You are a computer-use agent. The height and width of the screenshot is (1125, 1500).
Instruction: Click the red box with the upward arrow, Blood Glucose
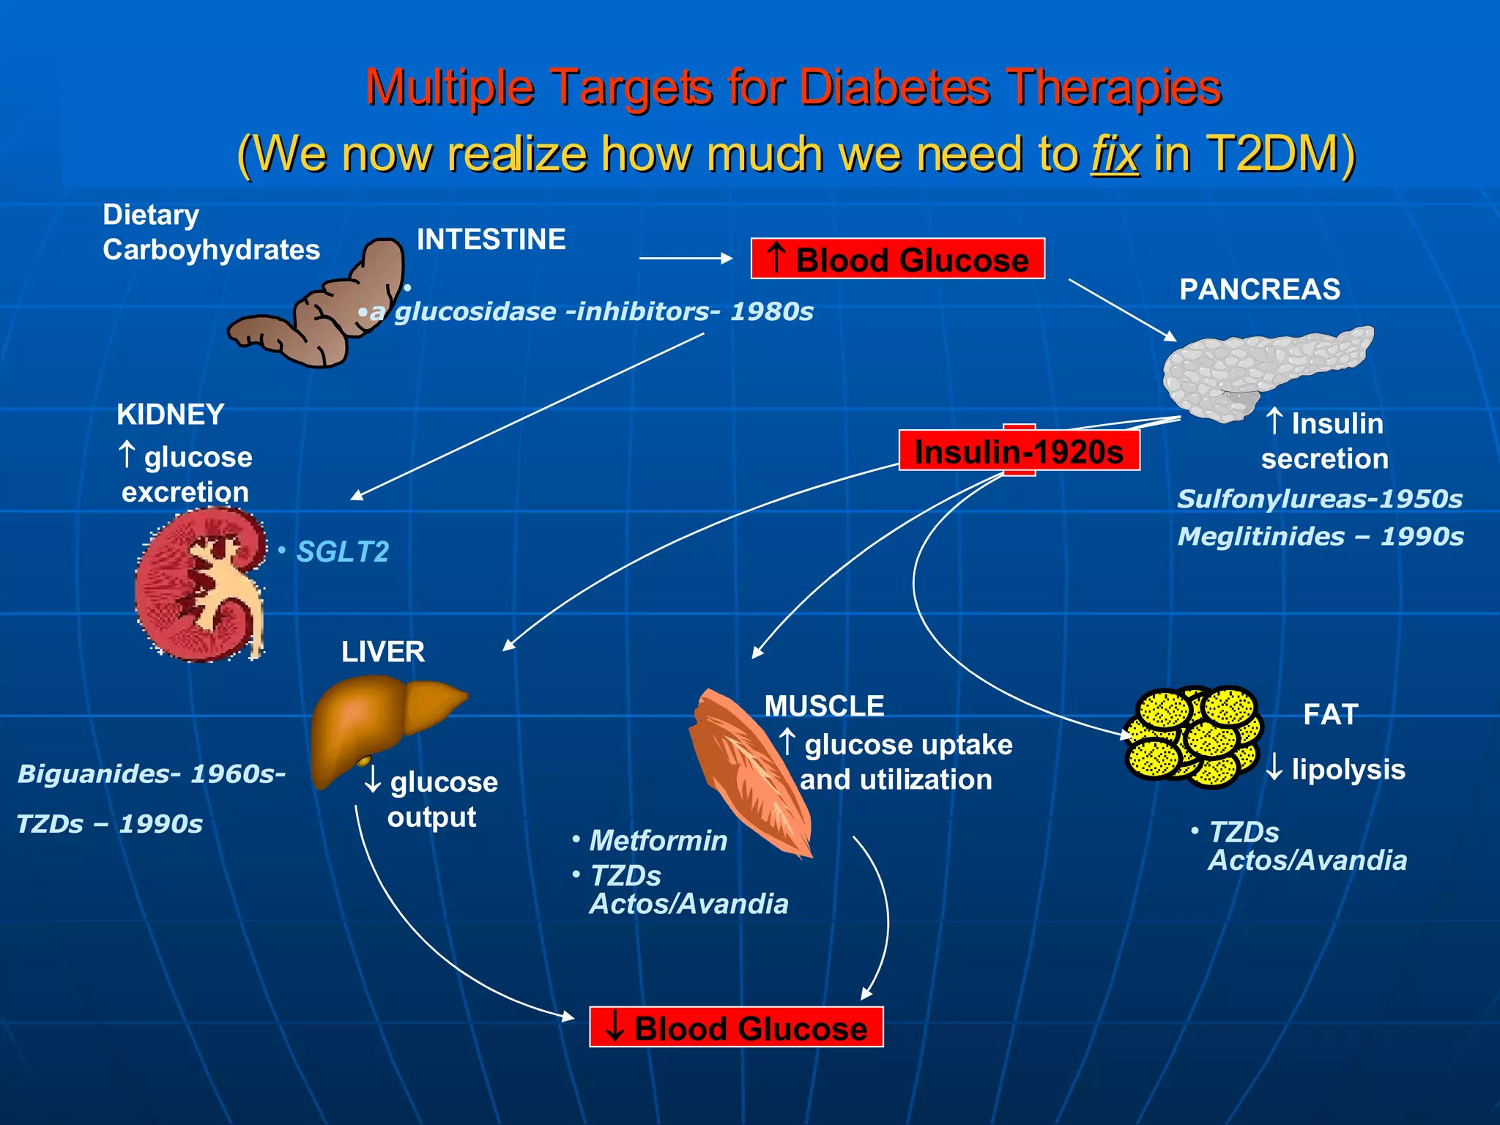(897, 259)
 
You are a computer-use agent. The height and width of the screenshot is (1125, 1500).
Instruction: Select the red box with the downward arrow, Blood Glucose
(736, 1028)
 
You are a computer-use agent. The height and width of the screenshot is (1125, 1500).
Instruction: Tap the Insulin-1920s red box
(1019, 451)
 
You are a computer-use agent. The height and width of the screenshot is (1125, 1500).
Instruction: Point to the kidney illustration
(199, 586)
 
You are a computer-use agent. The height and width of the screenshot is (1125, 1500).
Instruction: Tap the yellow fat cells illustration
(1192, 736)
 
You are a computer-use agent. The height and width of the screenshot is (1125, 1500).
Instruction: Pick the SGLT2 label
(342, 552)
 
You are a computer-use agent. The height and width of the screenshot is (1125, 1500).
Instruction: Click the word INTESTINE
(491, 240)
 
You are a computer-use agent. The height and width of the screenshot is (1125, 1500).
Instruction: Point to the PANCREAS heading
(1260, 289)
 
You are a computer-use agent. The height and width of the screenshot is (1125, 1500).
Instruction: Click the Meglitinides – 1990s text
(1320, 536)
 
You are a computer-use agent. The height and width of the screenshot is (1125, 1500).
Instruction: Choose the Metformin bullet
(658, 840)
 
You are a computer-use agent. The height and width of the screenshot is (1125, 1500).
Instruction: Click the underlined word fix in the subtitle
(1115, 154)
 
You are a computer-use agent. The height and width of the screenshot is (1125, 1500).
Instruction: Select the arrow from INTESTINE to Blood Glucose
(685, 258)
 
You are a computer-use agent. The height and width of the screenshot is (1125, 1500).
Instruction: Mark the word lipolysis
(1348, 770)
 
